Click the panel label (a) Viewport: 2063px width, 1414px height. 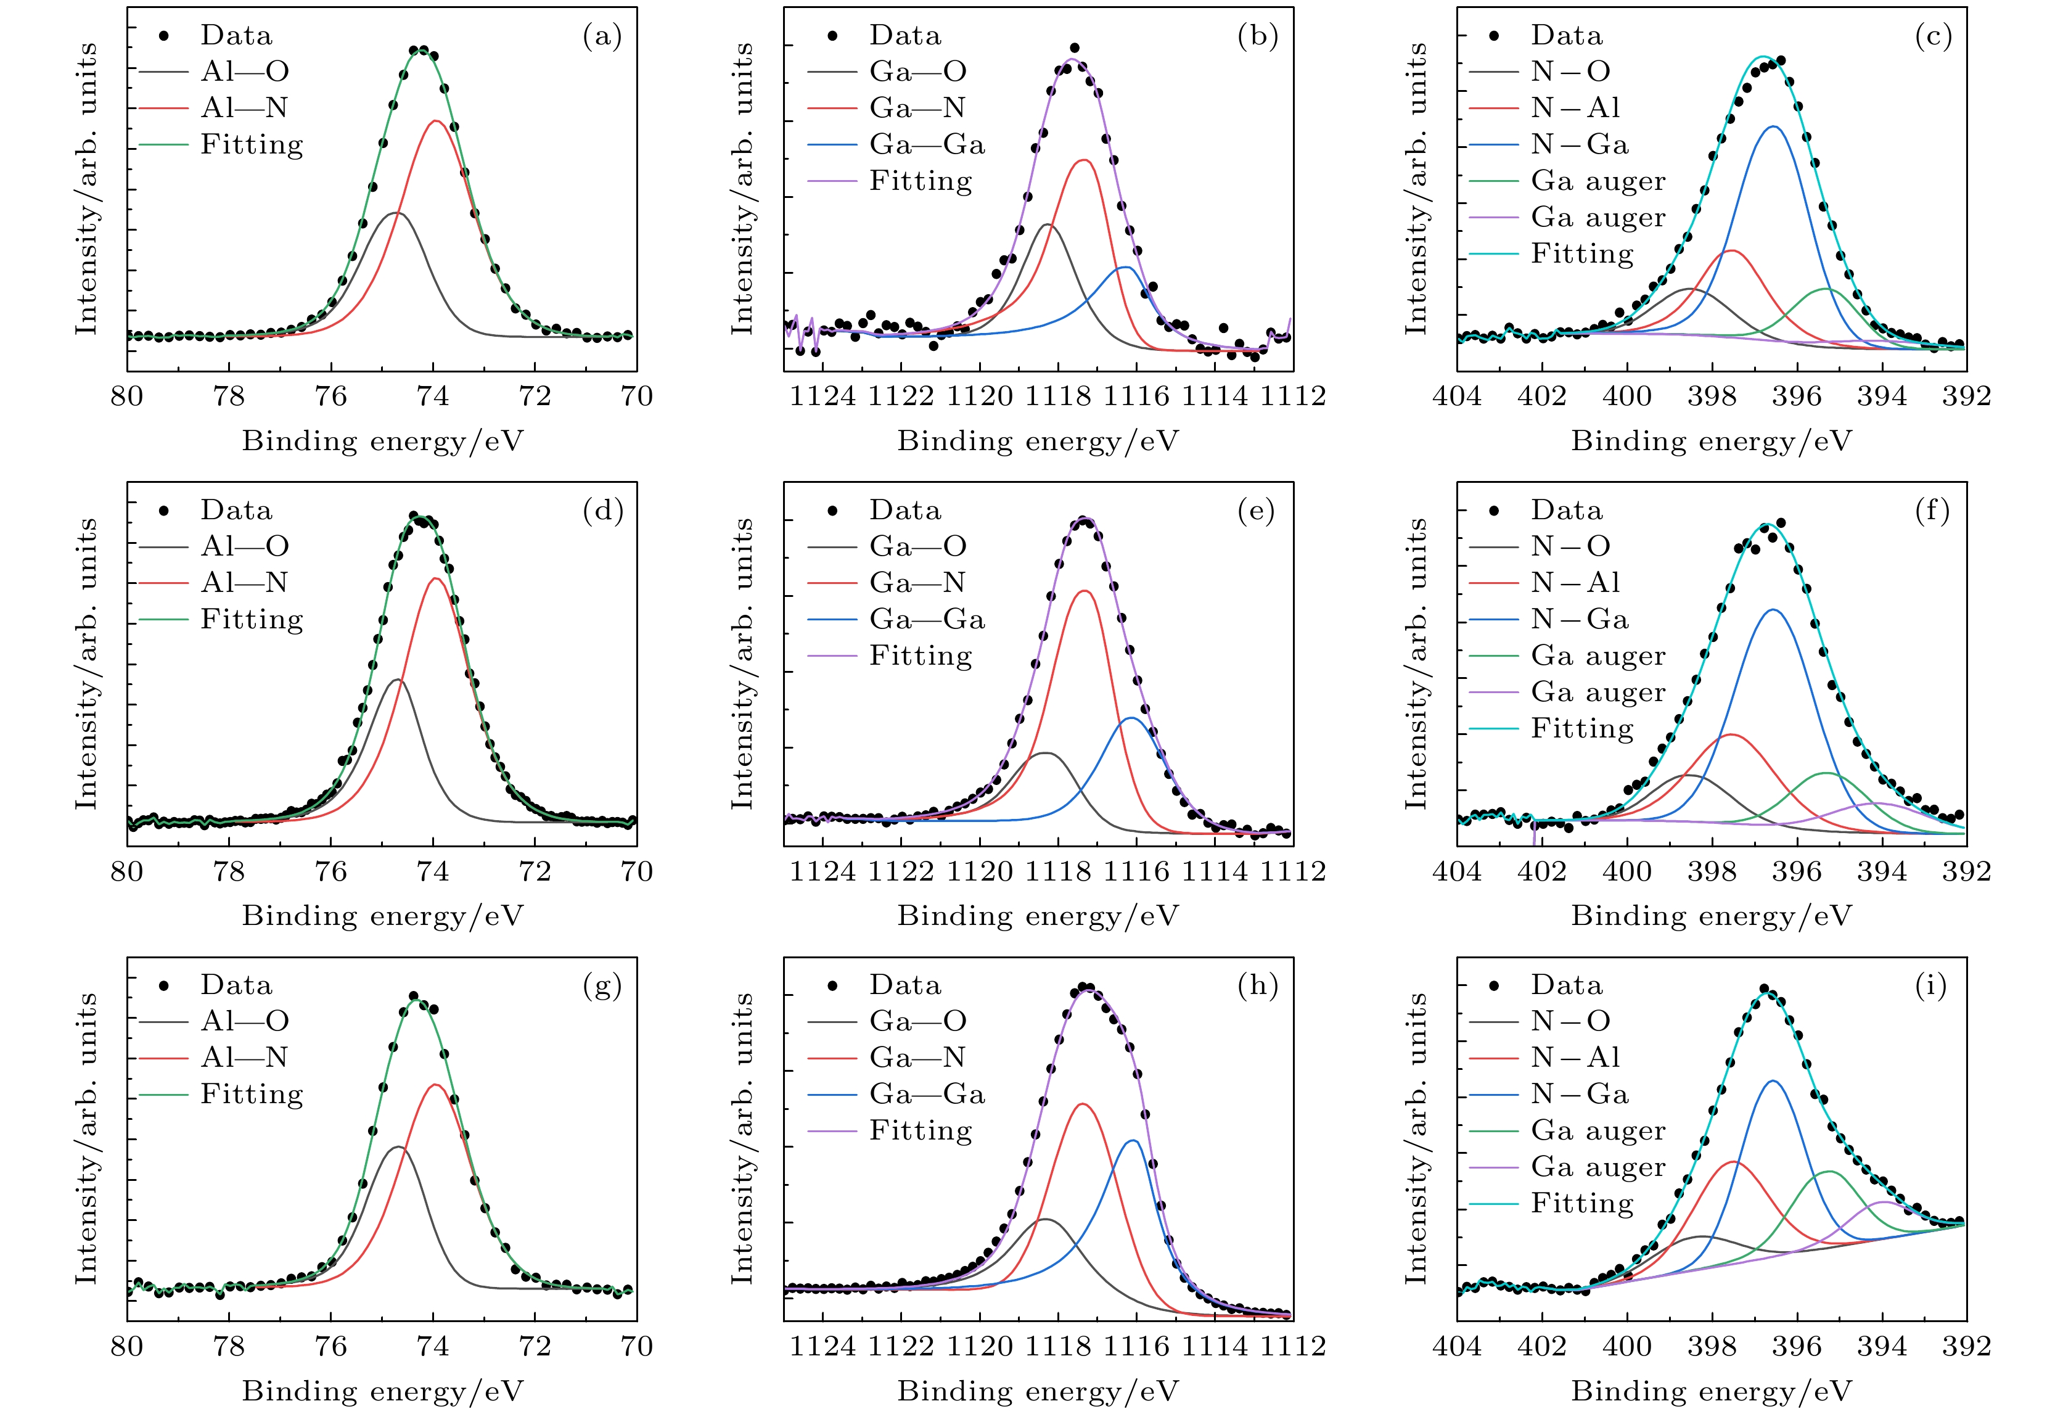click(602, 36)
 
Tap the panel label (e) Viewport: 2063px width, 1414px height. click(1256, 511)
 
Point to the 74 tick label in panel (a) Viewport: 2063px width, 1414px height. click(433, 396)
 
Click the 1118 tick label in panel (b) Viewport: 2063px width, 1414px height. click(1058, 396)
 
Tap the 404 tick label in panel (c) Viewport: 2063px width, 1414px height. click(1457, 396)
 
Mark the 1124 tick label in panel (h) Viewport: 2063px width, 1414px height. click(823, 1347)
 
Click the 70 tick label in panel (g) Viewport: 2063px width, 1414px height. click(636, 1347)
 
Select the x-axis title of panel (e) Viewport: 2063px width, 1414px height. click(1038, 915)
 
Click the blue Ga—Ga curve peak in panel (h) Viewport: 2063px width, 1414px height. click(1133, 1141)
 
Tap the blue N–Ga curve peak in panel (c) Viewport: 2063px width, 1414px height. click(1774, 127)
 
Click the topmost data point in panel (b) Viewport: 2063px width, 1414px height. click(1075, 48)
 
